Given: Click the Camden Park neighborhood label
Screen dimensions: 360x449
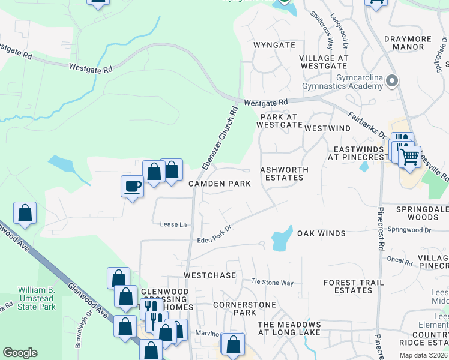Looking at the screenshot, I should click(220, 184).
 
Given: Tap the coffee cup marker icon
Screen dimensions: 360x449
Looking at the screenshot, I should click(132, 186).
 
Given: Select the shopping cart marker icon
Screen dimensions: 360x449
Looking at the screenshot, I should click(409, 157).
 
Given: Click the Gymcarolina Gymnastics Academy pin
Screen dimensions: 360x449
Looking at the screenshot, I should click(393, 80).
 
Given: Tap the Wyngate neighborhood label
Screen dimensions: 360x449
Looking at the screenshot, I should click(274, 45).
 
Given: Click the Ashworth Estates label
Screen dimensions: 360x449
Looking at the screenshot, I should click(284, 174).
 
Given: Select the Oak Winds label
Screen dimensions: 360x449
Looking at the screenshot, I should click(321, 233).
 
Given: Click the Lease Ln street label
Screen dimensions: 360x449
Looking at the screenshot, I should click(173, 224).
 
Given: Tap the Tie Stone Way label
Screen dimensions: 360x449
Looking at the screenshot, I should click(273, 281).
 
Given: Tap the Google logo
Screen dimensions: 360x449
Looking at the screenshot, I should click(20, 353).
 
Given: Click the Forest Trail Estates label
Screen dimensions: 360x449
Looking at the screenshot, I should click(348, 286).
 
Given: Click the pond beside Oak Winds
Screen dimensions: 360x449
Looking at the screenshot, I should click(282, 239).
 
